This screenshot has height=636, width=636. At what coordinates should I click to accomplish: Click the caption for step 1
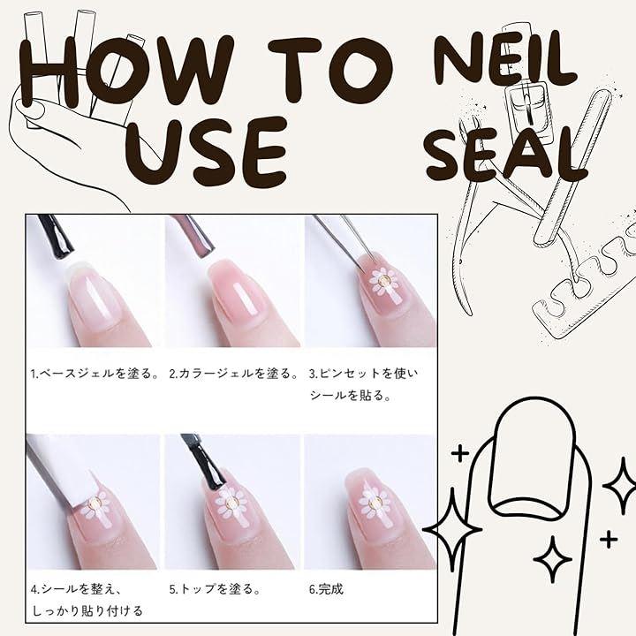[x=95, y=373]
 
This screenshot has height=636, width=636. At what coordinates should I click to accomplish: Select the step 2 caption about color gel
[x=234, y=373]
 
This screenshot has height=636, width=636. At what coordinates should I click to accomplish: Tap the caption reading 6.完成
[x=326, y=589]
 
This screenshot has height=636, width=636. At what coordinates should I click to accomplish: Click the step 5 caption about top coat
[x=216, y=589]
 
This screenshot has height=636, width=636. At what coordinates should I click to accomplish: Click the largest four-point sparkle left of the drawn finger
[x=452, y=529]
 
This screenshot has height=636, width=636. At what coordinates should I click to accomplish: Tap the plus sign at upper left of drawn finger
[x=460, y=453]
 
